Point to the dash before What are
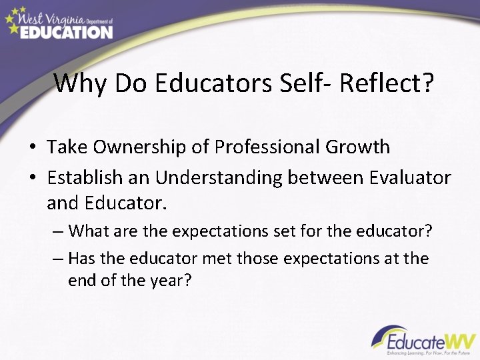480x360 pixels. tap(57, 231)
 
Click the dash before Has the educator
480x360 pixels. tap(57, 258)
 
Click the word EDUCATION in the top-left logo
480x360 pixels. tap(67, 31)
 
